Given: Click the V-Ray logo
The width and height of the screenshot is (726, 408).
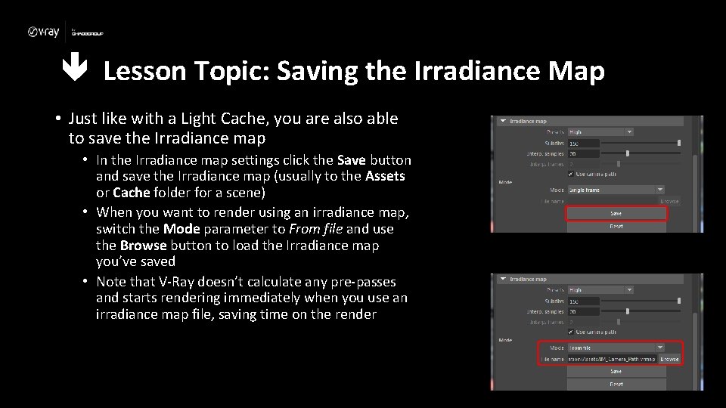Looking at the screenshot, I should [x=43, y=32].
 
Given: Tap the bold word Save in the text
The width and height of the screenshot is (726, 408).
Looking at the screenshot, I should [x=351, y=160].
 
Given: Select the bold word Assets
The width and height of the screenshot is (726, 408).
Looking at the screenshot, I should [x=385, y=176].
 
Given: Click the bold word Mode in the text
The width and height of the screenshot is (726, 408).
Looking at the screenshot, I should [x=181, y=228].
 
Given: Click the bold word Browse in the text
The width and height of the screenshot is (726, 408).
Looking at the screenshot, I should [x=143, y=246].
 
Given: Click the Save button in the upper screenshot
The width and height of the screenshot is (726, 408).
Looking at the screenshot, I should [x=616, y=214].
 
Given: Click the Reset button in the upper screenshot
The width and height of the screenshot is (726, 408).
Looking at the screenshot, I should [x=616, y=226].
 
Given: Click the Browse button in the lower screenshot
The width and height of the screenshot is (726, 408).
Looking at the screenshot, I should [x=669, y=359].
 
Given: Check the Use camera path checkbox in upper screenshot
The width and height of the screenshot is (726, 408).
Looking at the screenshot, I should [x=572, y=174].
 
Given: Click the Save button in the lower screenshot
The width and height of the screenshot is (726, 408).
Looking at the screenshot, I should [x=616, y=372].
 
